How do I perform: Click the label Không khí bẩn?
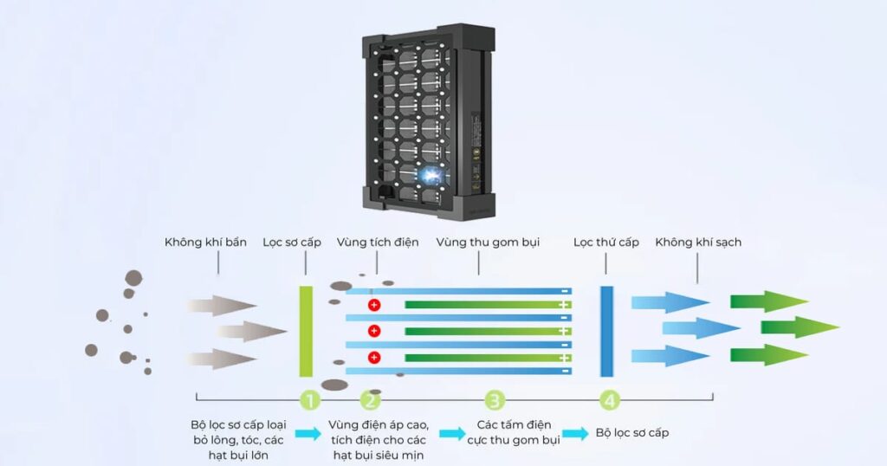[201, 242]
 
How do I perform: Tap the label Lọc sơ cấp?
[292, 242]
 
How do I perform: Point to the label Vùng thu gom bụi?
[488, 242]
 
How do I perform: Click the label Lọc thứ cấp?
[606, 242]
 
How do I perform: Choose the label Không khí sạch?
[698, 242]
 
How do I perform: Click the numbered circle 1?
[309, 400]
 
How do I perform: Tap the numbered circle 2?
[370, 400]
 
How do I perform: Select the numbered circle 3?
[495, 400]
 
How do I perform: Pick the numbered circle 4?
[610, 400]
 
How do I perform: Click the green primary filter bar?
[305, 330]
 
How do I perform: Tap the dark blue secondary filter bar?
[606, 330]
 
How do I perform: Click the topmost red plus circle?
[374, 305]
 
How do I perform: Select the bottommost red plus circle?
[374, 357]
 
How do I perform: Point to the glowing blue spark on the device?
[428, 176]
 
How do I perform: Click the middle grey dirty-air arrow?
[251, 331]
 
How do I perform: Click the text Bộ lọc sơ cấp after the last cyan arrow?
[632, 432]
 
